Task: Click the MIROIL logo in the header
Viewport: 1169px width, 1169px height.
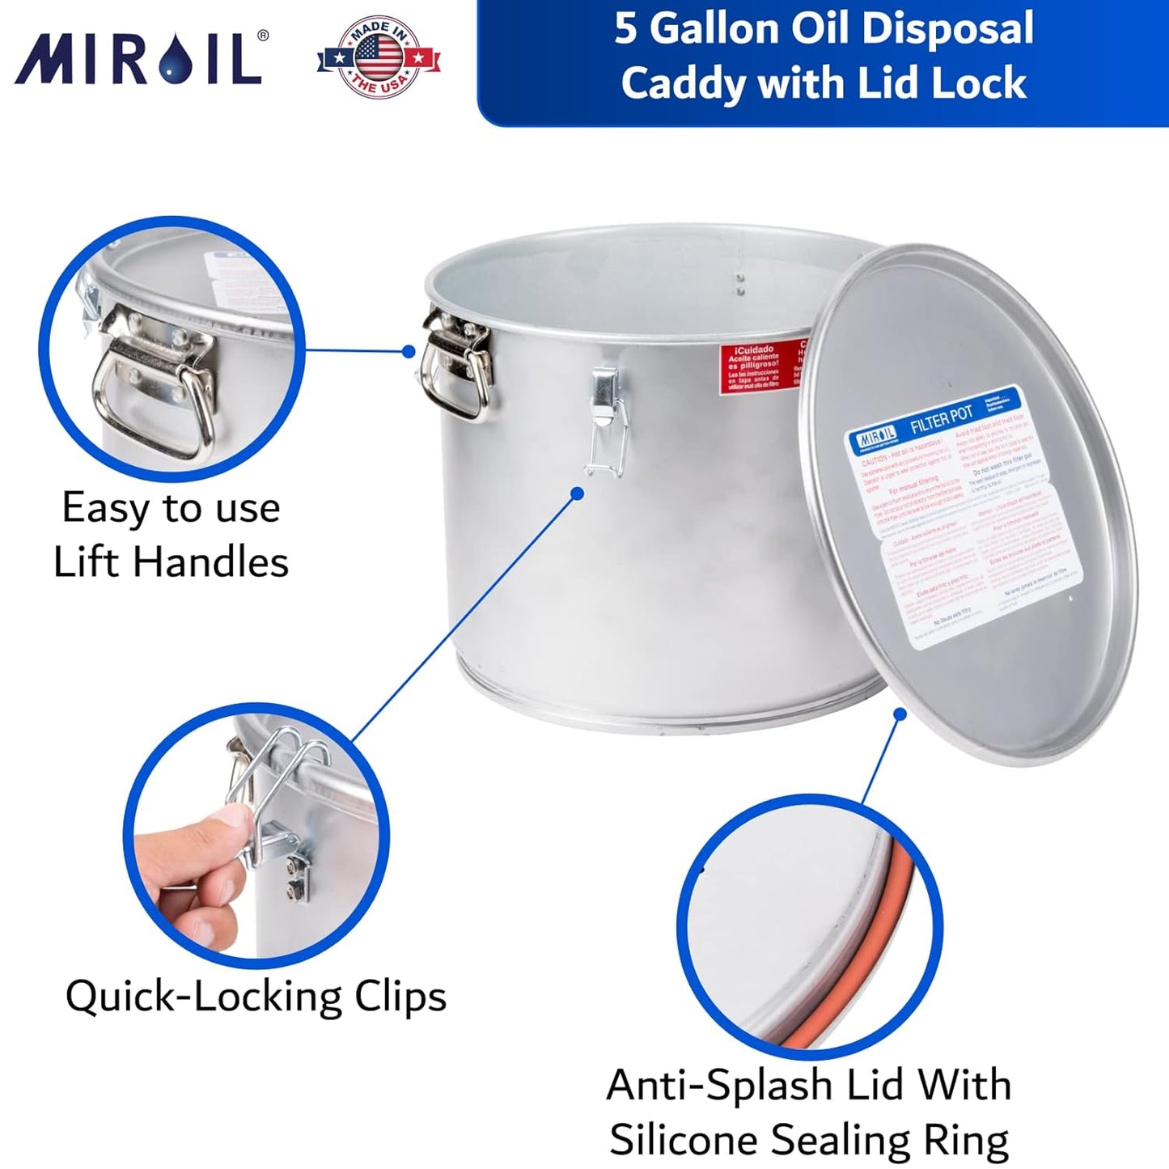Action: click(x=139, y=58)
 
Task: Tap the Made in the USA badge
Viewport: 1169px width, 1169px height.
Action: click(x=379, y=57)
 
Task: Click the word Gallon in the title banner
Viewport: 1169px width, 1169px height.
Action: click(x=714, y=29)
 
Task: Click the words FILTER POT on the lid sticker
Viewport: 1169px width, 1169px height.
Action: click(x=941, y=420)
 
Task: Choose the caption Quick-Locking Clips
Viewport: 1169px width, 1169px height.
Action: click(x=256, y=996)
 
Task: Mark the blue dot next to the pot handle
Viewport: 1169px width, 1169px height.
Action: click(x=409, y=351)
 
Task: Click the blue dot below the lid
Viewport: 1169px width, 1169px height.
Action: click(x=900, y=714)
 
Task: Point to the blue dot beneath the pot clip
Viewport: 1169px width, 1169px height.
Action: click(x=577, y=493)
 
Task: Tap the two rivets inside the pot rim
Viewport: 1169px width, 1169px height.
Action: click(x=739, y=284)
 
